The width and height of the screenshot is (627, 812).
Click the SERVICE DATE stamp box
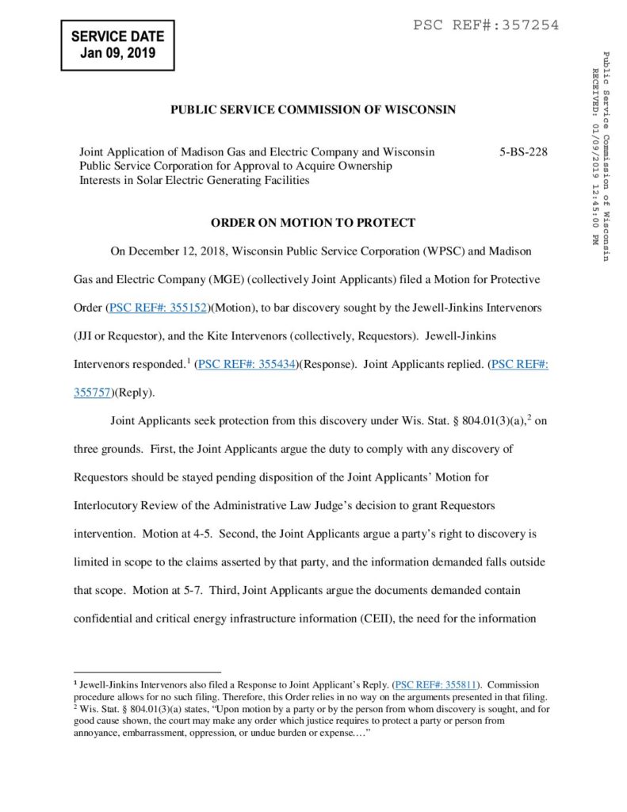[117, 45]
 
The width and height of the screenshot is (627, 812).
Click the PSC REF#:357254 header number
[486, 25]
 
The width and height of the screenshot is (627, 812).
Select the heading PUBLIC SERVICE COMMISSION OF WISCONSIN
[313, 110]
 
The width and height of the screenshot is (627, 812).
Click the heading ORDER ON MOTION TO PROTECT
[313, 223]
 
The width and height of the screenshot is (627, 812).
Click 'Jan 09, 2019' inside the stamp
[117, 54]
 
